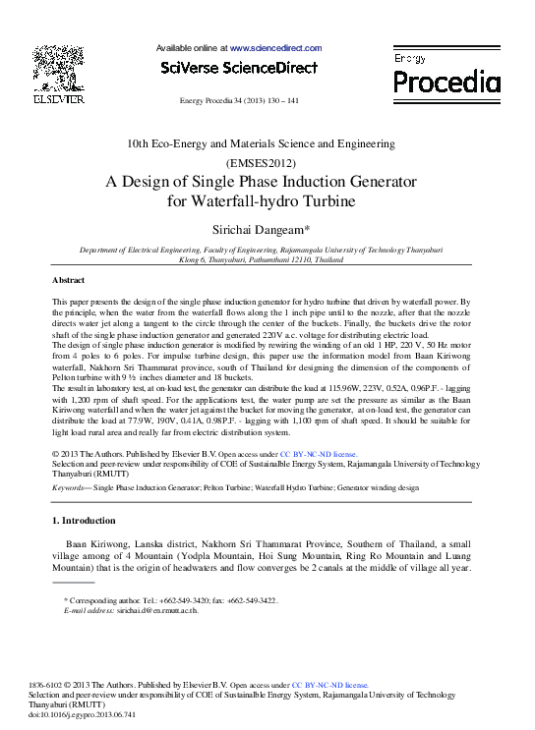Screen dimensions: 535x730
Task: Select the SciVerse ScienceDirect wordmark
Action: pyautogui.click(x=239, y=68)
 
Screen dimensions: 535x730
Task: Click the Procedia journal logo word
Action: pyautogui.click(x=446, y=80)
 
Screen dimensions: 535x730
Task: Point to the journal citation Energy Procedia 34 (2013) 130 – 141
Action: pyautogui.click(x=239, y=101)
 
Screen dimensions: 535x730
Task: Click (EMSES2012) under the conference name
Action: pyautogui.click(x=261, y=162)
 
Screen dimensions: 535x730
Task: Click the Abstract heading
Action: pyautogui.click(x=68, y=281)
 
